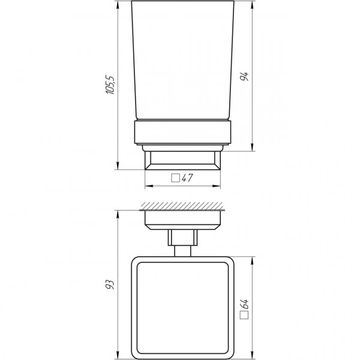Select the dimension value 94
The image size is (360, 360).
pos(245,77)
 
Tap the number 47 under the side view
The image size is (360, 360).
pos(186,178)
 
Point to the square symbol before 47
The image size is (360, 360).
pos(175,178)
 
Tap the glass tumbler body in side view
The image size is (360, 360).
pos(182,60)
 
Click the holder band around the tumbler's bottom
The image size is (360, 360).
pos(182,134)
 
